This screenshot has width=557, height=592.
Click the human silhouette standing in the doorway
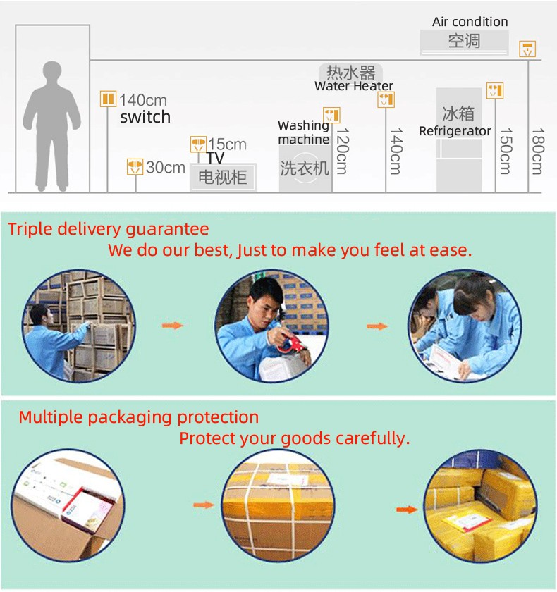click(x=51, y=126)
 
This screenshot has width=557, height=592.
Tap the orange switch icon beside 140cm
click(x=108, y=99)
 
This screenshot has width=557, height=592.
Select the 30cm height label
click(x=166, y=167)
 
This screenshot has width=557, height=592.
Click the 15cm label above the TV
click(x=227, y=144)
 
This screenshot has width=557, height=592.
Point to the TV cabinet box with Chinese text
click(x=223, y=177)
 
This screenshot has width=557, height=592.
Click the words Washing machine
click(x=304, y=132)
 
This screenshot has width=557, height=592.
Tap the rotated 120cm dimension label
click(x=342, y=151)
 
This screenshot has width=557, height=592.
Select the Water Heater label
click(x=354, y=86)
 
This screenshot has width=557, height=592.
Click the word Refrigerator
click(x=455, y=131)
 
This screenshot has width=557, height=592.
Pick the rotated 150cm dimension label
click(x=506, y=151)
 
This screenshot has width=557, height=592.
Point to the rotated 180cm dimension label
click(x=537, y=151)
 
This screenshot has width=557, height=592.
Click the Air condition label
click(x=470, y=22)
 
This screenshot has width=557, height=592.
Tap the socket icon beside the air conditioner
click(x=527, y=49)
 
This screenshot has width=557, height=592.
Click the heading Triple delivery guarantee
click(x=109, y=229)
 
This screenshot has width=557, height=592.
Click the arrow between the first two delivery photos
click(x=173, y=326)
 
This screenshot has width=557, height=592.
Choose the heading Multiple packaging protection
click(x=139, y=417)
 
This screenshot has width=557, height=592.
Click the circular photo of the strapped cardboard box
click(x=278, y=505)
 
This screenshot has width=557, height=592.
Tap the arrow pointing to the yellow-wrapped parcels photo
click(x=407, y=510)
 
